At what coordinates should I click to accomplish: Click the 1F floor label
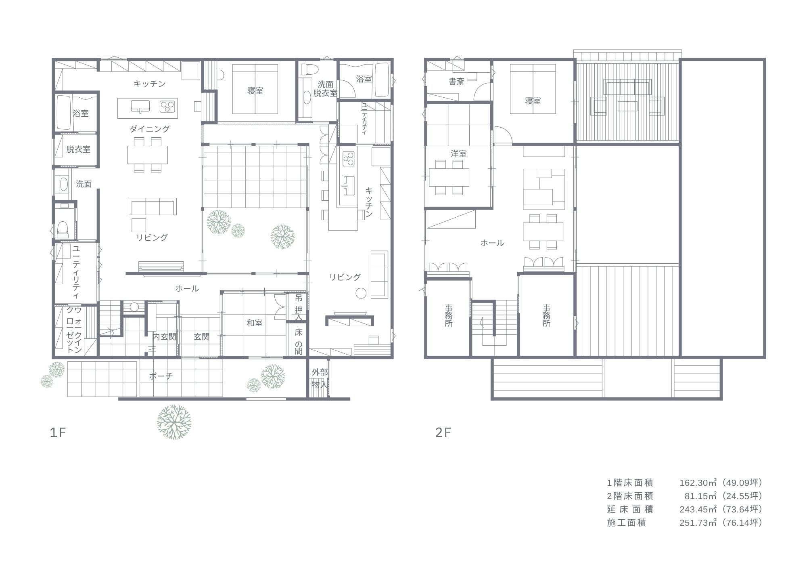coord(58,433)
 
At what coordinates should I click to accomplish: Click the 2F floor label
coord(443,433)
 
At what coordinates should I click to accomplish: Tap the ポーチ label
coord(161,376)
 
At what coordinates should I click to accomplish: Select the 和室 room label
coord(255,323)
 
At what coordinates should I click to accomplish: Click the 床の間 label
coord(299,342)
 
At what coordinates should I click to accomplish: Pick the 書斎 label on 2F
coord(456,82)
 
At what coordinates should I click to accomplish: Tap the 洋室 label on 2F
coord(459,154)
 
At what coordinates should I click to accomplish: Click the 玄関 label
coord(201,337)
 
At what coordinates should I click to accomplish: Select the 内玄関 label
coord(164,337)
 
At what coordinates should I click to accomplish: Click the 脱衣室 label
coord(78,149)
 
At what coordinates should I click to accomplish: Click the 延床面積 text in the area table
coord(630,509)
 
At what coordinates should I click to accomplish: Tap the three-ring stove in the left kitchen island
coord(167,106)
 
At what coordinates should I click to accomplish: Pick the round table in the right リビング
coord(361,294)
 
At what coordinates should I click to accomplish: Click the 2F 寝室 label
coord(533,101)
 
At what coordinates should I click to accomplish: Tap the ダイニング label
coord(149,129)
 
